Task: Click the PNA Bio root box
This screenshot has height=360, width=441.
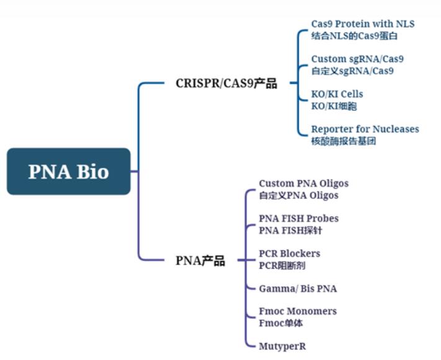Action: pyautogui.click(x=69, y=171)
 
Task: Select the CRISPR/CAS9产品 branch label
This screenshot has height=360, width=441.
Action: pyautogui.click(x=226, y=83)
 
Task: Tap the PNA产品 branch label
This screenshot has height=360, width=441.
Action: pyautogui.click(x=200, y=261)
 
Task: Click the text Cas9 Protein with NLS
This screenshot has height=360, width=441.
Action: pyautogui.click(x=363, y=24)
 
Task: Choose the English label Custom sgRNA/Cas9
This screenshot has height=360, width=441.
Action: pyautogui.click(x=357, y=59)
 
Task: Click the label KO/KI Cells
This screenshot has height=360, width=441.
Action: pyautogui.click(x=337, y=94)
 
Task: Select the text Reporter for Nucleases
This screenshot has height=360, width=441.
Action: pyautogui.click(x=365, y=129)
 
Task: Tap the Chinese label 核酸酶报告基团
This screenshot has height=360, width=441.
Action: pyautogui.click(x=344, y=141)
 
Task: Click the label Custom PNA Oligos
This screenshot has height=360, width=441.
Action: pyautogui.click(x=303, y=184)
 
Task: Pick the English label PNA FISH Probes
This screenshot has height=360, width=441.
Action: pyautogui.click(x=298, y=218)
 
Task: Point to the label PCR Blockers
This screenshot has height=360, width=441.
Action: pyautogui.click(x=289, y=254)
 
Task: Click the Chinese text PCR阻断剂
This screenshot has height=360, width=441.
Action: pyautogui.click(x=282, y=266)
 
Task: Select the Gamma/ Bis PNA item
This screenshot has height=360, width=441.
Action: pyautogui.click(x=298, y=289)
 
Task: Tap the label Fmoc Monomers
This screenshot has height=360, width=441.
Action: pyautogui.click(x=298, y=311)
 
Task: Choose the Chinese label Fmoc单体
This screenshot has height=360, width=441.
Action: pyautogui.click(x=281, y=323)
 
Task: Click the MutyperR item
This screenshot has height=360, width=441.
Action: pyautogui.click(x=282, y=346)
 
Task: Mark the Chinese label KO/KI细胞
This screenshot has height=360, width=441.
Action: pyautogui.click(x=334, y=106)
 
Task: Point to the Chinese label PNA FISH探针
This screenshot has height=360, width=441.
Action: pyautogui.click(x=290, y=231)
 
